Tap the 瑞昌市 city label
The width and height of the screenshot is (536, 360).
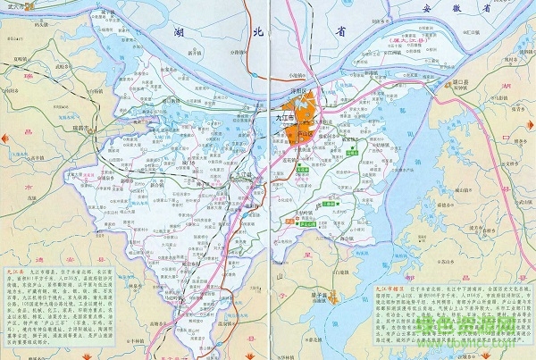point(87,128)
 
